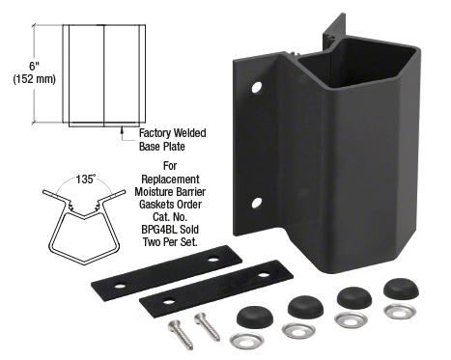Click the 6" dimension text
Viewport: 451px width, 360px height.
34,66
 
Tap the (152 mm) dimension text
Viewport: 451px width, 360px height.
35,79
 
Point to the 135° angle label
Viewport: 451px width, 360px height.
86,179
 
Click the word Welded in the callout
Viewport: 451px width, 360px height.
189,133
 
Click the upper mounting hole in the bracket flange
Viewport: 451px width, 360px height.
257,88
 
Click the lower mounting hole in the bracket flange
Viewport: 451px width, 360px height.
257,203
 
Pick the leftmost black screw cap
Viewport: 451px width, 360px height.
255,317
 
